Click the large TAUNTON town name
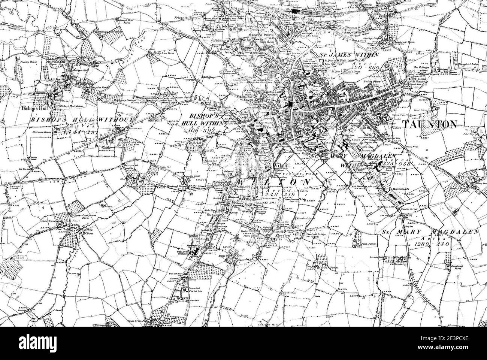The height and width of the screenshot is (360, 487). [x=430, y=124]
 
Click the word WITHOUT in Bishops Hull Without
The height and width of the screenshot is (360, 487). [x=116, y=120]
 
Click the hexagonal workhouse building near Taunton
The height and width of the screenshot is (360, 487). [x=384, y=118]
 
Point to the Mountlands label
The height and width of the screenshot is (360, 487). [x=399, y=190]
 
